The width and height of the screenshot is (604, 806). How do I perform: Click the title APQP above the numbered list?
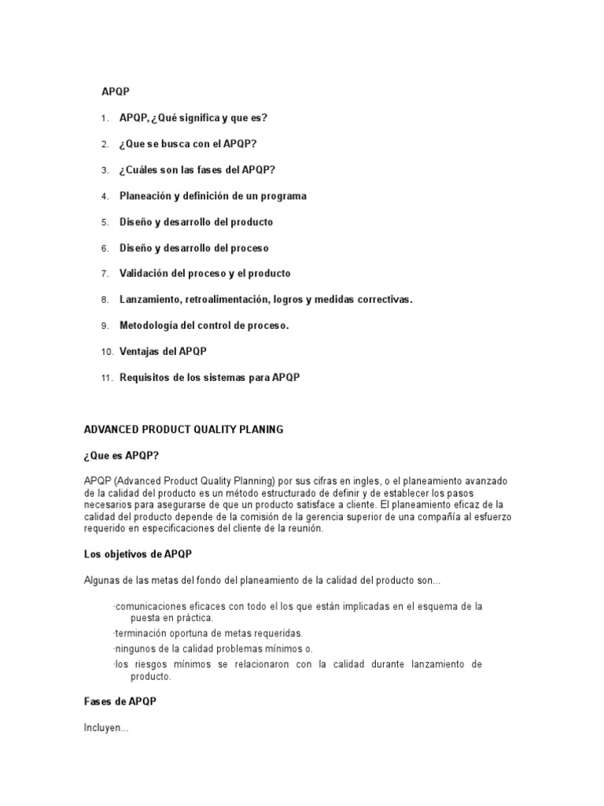(x=115, y=92)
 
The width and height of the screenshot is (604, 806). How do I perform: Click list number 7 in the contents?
(x=105, y=274)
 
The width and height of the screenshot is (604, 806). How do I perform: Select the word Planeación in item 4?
(x=145, y=196)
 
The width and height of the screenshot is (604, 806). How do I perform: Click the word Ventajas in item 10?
(x=139, y=352)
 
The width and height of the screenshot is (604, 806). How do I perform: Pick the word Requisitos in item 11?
(x=145, y=378)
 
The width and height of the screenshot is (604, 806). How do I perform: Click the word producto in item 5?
(x=252, y=222)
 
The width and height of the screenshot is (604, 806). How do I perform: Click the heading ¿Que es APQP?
(x=121, y=456)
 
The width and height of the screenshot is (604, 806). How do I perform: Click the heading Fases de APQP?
(x=120, y=702)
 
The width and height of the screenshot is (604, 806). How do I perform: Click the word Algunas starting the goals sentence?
(x=102, y=580)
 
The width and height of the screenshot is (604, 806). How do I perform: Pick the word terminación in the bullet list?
(x=144, y=633)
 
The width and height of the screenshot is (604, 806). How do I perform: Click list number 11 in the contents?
(x=108, y=378)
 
